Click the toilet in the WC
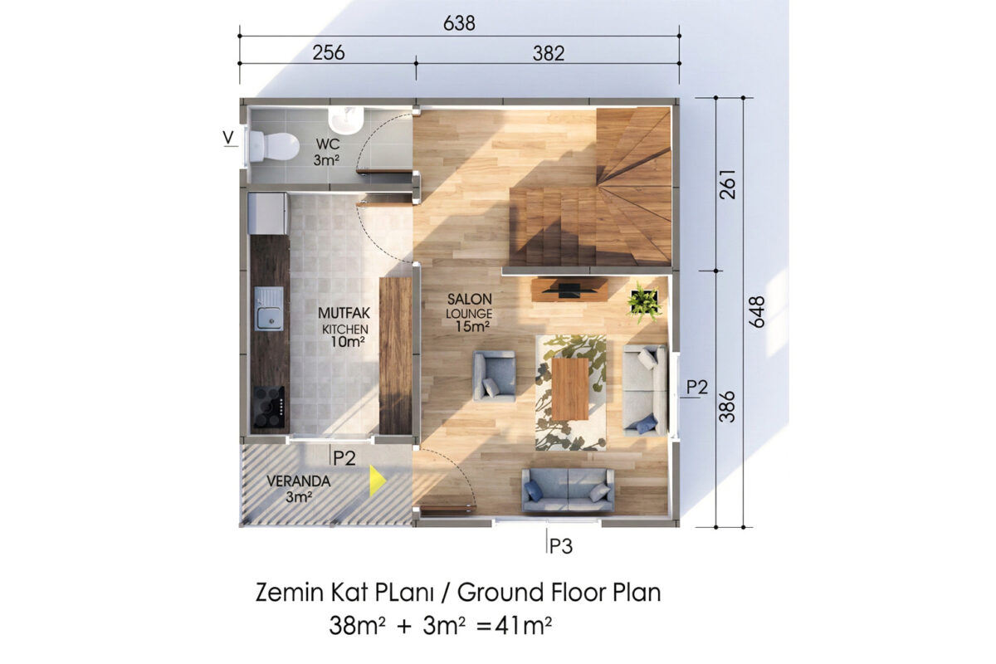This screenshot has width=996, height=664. coord(273,146)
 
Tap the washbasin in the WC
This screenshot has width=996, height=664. coord(346,120)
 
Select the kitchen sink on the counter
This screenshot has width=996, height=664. coord(269,308)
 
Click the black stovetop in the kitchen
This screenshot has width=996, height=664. coord(269,407)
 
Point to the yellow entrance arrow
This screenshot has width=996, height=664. coord(378,481)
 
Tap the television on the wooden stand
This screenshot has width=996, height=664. coord(569,290)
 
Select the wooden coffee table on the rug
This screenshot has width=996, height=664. coord(570,388)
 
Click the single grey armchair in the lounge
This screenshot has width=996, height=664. coord(494,376)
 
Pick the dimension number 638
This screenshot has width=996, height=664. coord(459,23)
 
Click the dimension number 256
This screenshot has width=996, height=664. coord(329,53)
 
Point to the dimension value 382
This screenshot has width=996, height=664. coord(549,53)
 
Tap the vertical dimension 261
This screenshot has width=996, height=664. coord(728,184)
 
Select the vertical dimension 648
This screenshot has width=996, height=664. coord(756,312)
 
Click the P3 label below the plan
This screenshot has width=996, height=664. coord(561,547)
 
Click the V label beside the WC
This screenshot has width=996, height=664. coord(228,137)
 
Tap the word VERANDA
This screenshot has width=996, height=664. coord(298,481)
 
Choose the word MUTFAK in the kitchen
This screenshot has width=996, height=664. coord(344,313)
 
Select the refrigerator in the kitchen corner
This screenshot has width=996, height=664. coord(267,213)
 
